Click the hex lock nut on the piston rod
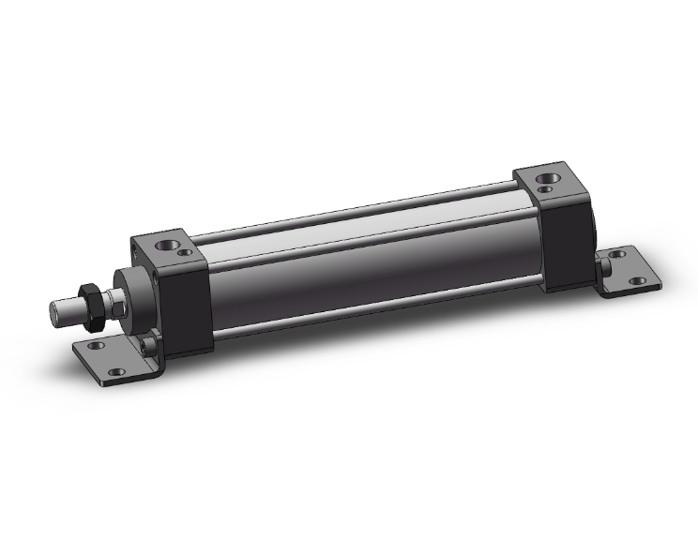91,306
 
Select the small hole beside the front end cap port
185,252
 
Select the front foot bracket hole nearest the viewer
116,372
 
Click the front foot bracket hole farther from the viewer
92,345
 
